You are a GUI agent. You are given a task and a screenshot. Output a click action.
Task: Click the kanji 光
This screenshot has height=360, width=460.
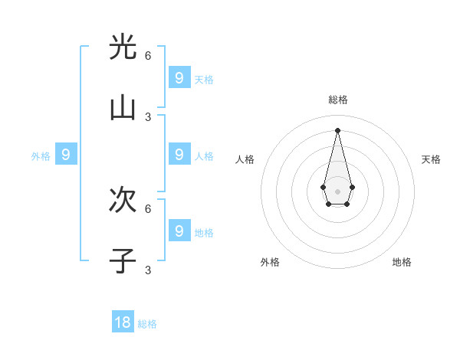(x=123, y=47)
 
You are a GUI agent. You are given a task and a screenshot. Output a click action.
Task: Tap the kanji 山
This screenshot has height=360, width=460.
(x=123, y=109)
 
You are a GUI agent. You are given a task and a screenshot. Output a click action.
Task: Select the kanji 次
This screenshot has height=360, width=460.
(x=123, y=200)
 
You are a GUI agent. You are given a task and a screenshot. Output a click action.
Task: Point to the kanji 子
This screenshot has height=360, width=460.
(x=123, y=261)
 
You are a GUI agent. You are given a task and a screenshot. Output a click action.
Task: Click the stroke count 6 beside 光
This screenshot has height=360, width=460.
(x=148, y=55)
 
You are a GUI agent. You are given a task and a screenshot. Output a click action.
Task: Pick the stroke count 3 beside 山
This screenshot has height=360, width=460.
(x=148, y=116)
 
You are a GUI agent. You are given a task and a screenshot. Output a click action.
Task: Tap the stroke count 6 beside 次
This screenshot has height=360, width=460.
(x=148, y=208)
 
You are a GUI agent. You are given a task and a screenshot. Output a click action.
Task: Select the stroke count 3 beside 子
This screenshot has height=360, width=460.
(x=148, y=270)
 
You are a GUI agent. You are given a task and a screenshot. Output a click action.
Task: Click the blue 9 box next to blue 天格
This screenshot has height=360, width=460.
(x=179, y=77)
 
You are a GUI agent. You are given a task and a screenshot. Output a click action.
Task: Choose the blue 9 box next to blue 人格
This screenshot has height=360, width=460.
(x=179, y=154)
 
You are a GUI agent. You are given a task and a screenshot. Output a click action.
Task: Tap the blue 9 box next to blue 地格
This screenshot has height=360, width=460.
(x=179, y=231)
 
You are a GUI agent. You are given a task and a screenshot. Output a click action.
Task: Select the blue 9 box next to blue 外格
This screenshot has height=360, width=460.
(x=66, y=155)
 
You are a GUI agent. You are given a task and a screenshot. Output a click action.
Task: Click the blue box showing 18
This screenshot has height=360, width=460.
(x=123, y=322)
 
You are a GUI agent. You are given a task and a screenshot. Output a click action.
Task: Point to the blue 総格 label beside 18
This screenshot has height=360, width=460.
(x=147, y=324)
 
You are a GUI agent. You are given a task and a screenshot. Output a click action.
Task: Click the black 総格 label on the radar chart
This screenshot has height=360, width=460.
(x=338, y=100)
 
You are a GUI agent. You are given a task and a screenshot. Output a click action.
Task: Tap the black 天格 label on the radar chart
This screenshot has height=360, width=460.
(x=431, y=159)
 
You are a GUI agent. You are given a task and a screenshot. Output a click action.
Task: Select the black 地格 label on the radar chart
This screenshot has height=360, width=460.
(x=402, y=262)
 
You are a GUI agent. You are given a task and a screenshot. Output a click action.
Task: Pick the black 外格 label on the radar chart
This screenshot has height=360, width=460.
(x=270, y=262)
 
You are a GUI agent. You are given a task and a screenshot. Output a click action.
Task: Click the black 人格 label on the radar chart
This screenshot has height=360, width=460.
(x=245, y=159)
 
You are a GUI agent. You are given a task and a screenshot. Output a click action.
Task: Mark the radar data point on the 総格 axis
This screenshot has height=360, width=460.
(x=337, y=129)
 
